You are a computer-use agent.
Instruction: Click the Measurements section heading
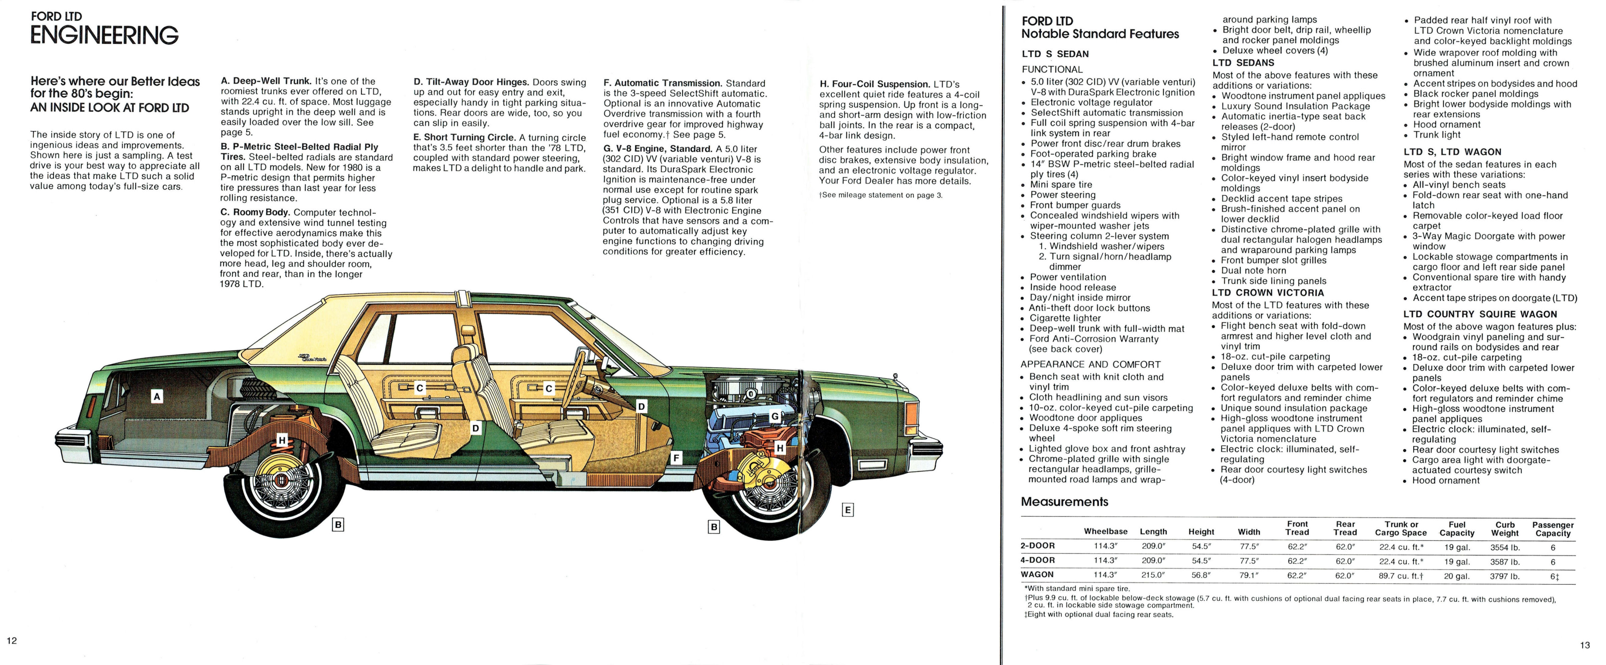(x=1064, y=502)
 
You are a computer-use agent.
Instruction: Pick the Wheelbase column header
(x=1105, y=531)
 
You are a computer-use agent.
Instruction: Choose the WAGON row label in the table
(x=1037, y=575)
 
